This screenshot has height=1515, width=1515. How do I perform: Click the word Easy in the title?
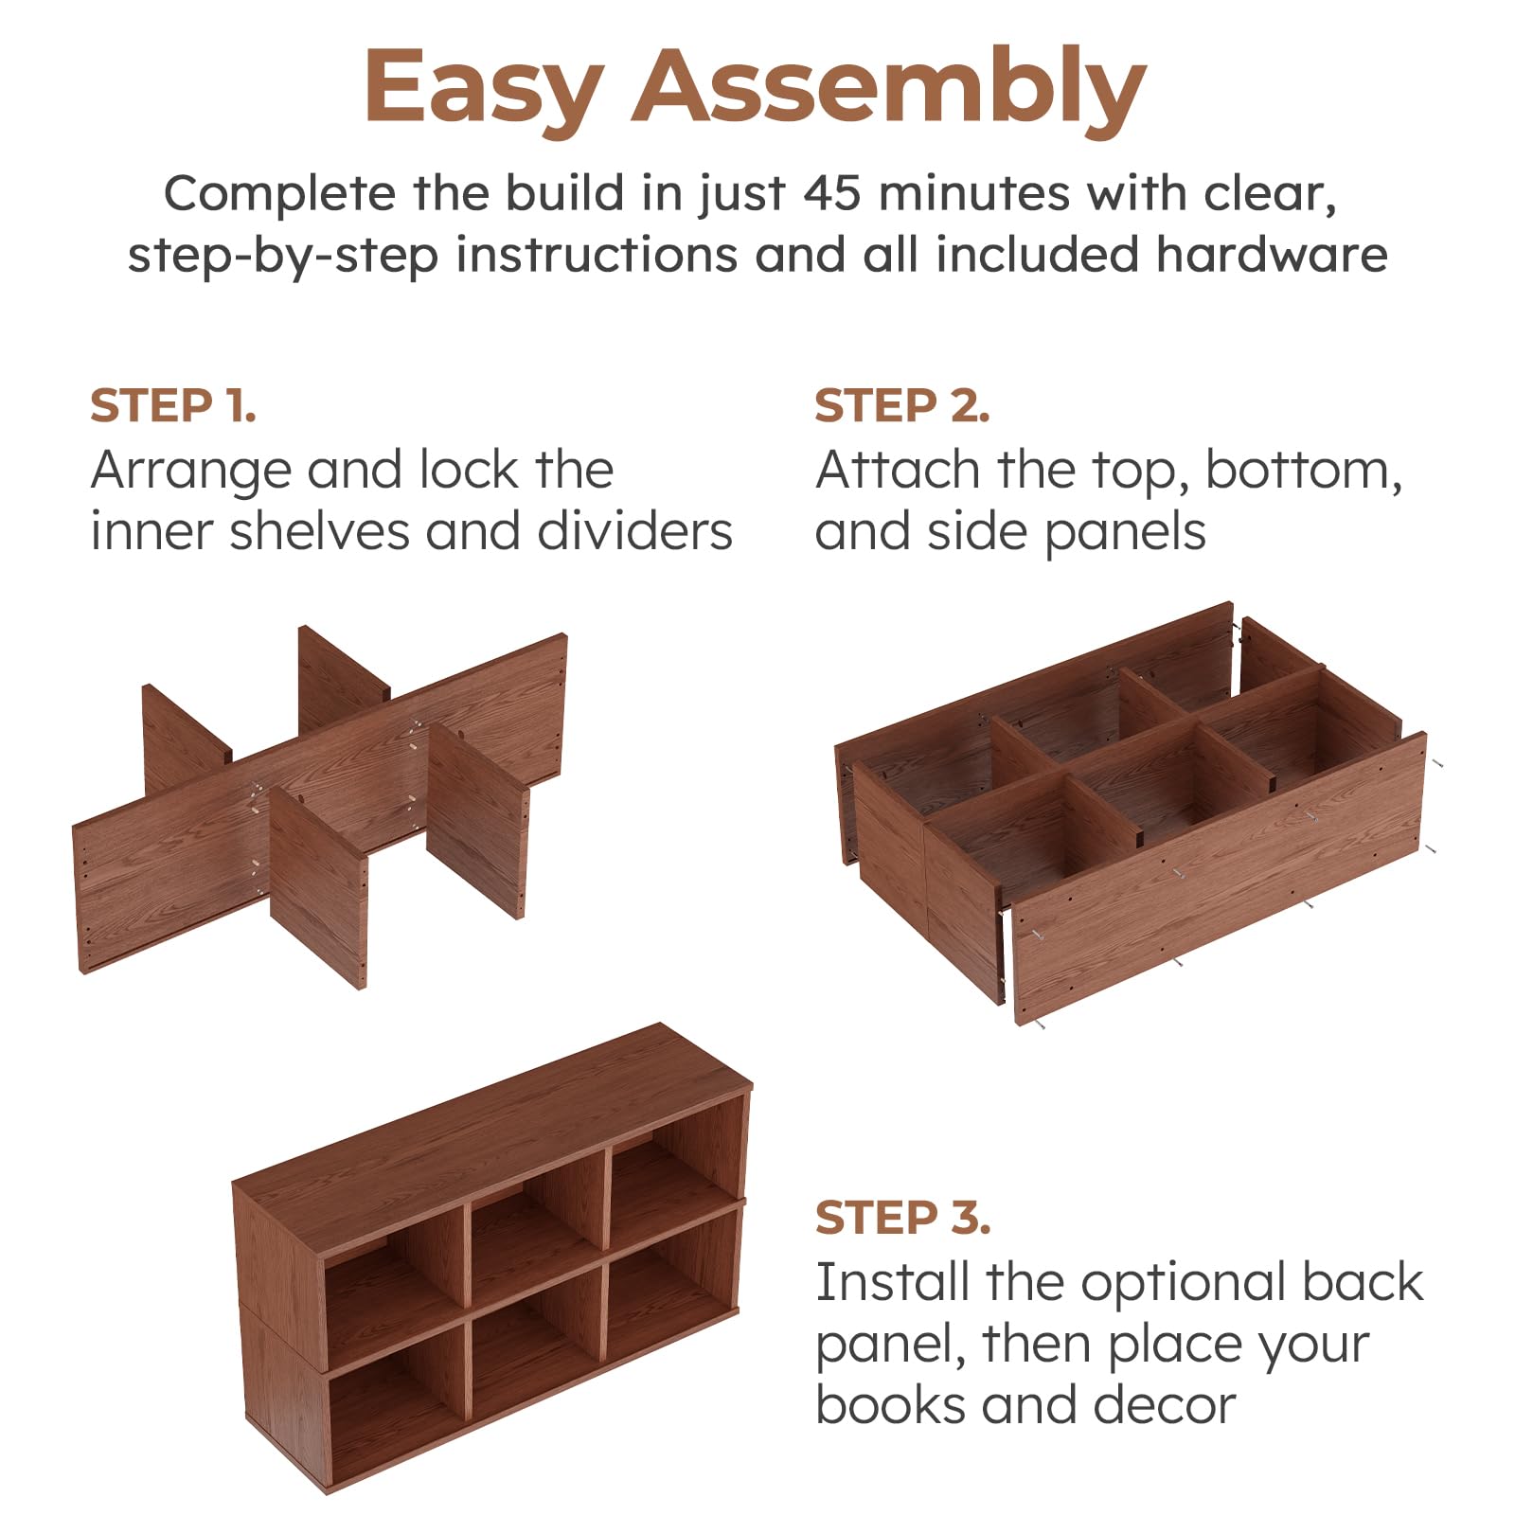[x=484, y=87]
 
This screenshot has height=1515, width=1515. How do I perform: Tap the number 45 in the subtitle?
[x=831, y=193]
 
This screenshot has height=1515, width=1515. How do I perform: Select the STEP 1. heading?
[x=173, y=406]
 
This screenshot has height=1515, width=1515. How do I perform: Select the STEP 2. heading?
[x=902, y=406]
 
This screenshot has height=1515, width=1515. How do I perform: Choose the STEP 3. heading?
[x=902, y=1218]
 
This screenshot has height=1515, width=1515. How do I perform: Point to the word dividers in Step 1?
[x=635, y=531]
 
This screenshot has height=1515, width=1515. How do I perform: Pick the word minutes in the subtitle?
[x=974, y=193]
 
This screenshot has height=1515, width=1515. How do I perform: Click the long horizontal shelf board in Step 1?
[x=320, y=803]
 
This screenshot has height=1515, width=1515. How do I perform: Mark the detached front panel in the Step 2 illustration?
[x=1220, y=879]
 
